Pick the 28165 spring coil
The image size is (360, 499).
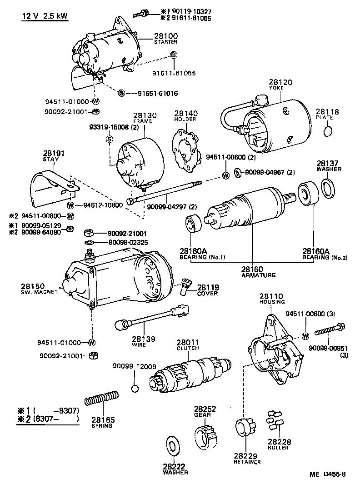pos(102,398)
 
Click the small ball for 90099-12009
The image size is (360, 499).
pos(134,388)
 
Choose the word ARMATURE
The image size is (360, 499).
pos(258,275)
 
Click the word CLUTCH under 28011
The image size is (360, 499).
pos(188,349)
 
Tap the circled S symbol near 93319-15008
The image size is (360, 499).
pos(110,139)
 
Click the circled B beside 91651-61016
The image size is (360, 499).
pos(121,93)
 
